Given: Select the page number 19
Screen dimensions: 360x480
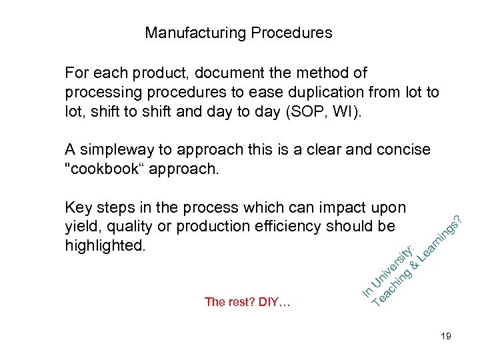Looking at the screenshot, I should coord(445,337).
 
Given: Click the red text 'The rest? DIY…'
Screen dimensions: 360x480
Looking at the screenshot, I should coord(247,302).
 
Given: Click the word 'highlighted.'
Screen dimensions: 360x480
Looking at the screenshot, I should coord(104,245).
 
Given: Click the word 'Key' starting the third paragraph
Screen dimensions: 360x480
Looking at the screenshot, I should coord(79,208).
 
